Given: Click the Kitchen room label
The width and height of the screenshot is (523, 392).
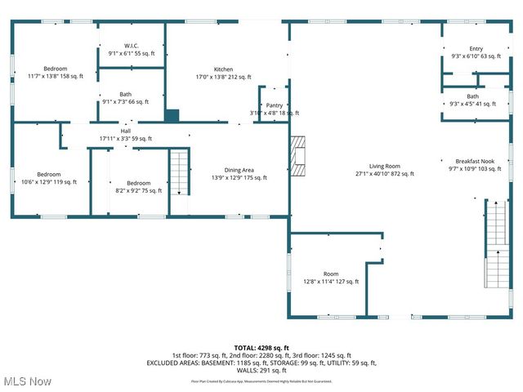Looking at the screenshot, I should pos(223,73).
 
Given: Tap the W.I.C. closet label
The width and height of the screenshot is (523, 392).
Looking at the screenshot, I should pos(132,49).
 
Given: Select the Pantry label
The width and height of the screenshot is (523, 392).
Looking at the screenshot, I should pos(275,109).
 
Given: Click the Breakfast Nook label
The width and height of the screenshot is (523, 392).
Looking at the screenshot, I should pos(472,165).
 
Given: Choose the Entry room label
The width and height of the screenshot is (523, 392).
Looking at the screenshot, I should pos(476,53).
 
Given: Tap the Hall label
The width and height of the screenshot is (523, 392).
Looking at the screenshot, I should pos(126,135).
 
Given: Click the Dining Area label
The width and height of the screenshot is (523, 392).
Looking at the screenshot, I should pos(239,173).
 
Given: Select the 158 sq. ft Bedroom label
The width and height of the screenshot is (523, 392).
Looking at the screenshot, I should pos(56,72).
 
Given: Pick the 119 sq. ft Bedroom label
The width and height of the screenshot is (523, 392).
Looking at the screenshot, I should pos(48,178).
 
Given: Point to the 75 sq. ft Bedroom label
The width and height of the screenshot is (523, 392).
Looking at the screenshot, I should pos(138,187).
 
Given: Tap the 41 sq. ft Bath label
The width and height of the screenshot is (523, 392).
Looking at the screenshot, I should pos(473,100).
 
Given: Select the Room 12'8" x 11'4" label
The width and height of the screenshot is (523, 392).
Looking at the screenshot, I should pos(330,278).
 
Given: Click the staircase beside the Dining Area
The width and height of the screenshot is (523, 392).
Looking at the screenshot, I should pos(180,172).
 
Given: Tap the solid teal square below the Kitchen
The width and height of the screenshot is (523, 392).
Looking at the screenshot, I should pos(172,115).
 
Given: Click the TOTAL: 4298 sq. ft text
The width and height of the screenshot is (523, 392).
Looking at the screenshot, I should pos(261,348).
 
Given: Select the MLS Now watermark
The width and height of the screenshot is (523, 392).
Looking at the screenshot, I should pos(27,381).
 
